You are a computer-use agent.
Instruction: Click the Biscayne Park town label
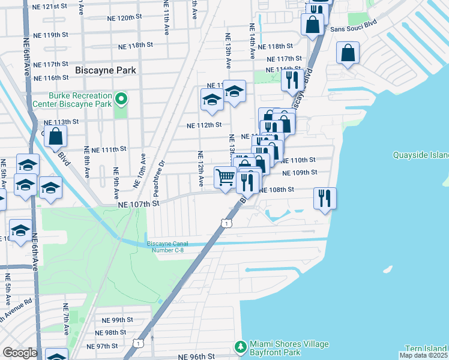tap(106, 70)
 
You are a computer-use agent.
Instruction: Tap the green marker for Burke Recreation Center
tap(121, 99)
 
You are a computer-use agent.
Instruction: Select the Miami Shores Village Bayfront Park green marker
tap(240, 347)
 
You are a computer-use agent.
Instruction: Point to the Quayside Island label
tap(420, 155)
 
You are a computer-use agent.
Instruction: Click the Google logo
tap(20, 352)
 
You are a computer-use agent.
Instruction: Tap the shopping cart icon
tap(224, 177)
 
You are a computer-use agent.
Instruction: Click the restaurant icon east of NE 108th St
tap(324, 198)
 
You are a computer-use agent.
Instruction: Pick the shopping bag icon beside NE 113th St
tap(55, 137)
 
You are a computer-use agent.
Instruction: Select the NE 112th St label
tap(203, 125)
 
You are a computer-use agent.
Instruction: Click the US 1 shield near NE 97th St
tap(139, 343)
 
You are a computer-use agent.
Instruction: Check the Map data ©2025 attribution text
tap(423, 355)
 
